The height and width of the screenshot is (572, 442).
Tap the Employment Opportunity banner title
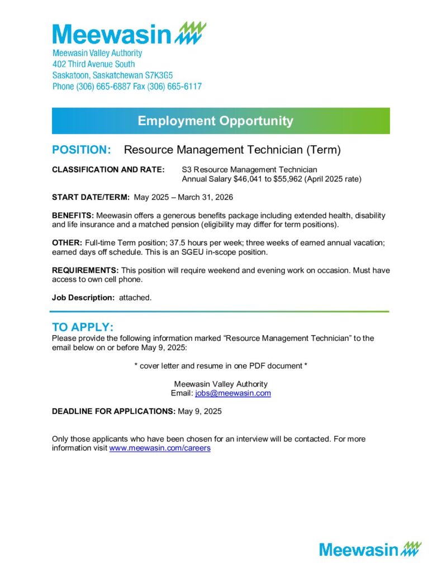215,121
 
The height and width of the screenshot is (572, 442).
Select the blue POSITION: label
82,150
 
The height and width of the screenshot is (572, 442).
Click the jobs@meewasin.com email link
232,393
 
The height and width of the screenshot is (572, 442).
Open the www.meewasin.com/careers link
160,449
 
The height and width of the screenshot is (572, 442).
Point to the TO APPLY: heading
83,327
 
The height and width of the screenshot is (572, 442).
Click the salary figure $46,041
248,179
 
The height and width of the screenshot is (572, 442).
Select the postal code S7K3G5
169,75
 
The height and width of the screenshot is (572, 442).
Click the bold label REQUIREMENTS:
85,270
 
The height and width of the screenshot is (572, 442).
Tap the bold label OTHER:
66,243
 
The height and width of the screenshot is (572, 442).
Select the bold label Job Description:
83,298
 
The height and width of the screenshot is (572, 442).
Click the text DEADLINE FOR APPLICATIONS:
113,412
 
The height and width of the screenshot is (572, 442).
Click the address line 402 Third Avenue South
93,64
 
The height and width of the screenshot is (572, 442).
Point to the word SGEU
187,252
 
